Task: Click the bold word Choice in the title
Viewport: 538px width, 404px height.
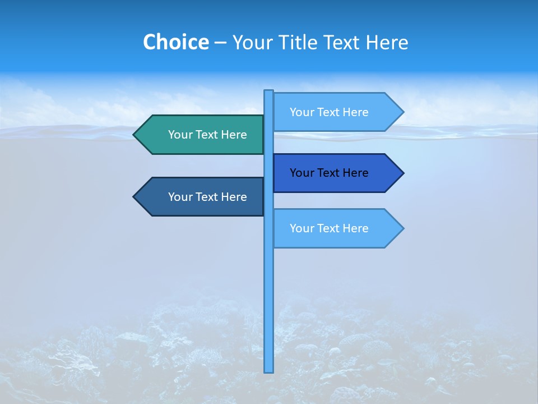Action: coord(175,42)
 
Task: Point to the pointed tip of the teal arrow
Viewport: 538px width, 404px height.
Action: coord(135,135)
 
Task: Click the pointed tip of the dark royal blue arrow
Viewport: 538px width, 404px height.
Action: coord(402,173)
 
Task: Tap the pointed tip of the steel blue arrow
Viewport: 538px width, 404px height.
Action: coord(135,197)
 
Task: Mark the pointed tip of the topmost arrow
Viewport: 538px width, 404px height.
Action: coord(402,112)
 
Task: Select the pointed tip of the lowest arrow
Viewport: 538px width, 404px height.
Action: coord(402,228)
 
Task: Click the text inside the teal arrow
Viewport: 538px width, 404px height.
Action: coord(207,135)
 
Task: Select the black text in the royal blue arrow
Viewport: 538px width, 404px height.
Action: coord(329,173)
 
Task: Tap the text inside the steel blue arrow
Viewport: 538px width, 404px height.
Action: coord(207,197)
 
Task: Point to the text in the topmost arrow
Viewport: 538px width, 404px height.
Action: coord(329,112)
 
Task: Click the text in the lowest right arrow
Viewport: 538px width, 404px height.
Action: coord(329,228)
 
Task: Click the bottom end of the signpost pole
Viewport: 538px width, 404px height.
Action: coord(269,370)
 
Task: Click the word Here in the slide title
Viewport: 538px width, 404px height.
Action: coord(387,42)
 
